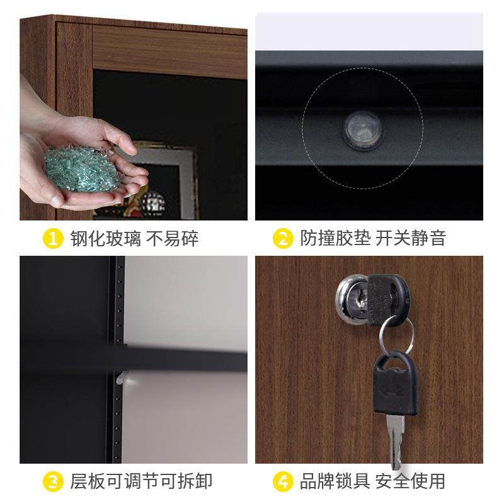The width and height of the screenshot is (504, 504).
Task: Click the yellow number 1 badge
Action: pos(53,239)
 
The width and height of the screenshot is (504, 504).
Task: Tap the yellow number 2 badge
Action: pos(283,239)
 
